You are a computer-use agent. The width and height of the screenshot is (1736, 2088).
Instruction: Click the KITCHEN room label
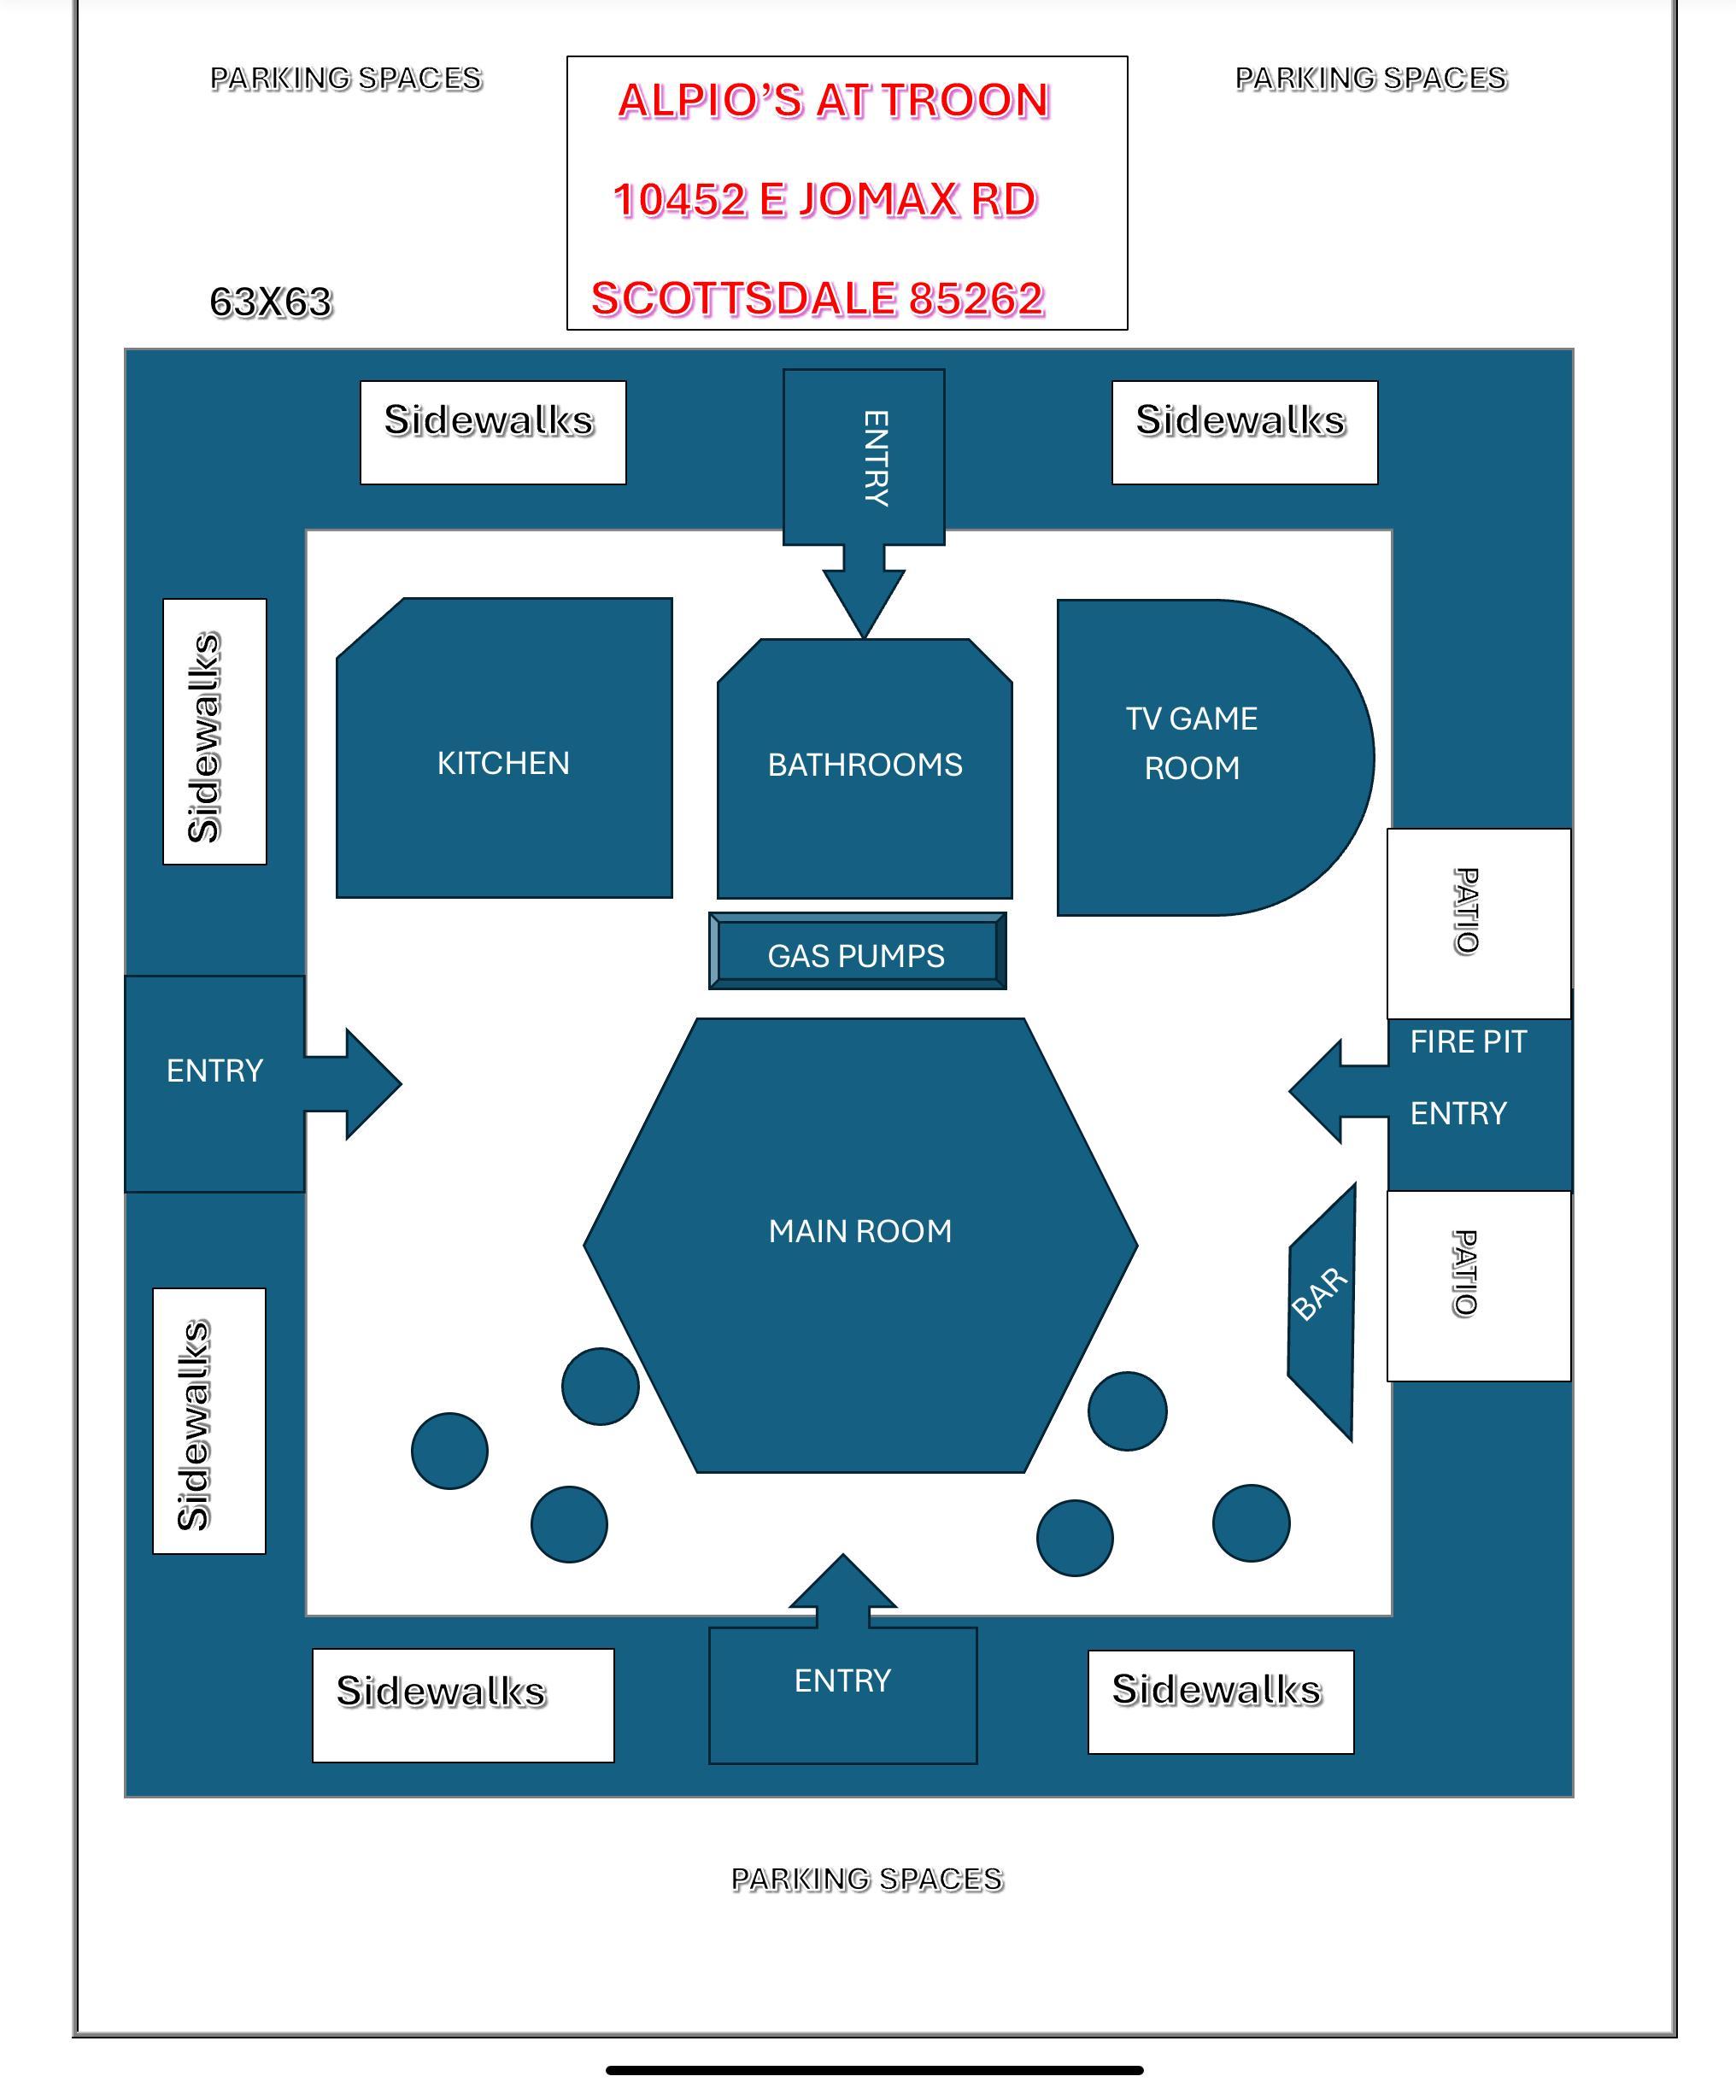[x=503, y=763]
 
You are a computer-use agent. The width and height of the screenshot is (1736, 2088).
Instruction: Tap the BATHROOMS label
[x=864, y=765]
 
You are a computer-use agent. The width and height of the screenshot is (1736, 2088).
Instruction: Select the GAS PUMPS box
[x=856, y=954]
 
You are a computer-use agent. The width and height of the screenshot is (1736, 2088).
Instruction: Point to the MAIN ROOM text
[x=860, y=1231]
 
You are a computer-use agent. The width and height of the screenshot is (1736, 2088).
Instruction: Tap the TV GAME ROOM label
[x=1191, y=742]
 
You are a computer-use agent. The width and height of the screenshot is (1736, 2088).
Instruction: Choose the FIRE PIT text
[x=1468, y=1042]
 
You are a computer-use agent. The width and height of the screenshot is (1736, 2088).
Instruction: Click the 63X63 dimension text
[x=271, y=302]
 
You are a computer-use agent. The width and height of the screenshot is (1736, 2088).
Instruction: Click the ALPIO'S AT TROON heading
[x=833, y=101]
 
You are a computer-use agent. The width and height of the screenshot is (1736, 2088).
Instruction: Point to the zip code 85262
[x=976, y=298]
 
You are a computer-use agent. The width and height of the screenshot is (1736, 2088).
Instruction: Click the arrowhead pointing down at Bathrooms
[x=863, y=607]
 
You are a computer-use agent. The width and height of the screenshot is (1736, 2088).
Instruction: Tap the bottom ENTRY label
[x=842, y=1680]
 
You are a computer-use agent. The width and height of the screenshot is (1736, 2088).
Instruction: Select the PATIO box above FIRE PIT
[x=1479, y=922]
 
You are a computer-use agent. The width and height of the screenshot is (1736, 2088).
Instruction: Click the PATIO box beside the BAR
[x=1479, y=1285]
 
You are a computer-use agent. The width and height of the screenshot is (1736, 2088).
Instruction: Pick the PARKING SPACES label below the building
[x=867, y=1880]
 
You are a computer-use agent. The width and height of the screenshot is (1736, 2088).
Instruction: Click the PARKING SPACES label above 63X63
[x=346, y=79]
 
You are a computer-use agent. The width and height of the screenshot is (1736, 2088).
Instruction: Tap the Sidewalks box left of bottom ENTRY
[x=462, y=1704]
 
